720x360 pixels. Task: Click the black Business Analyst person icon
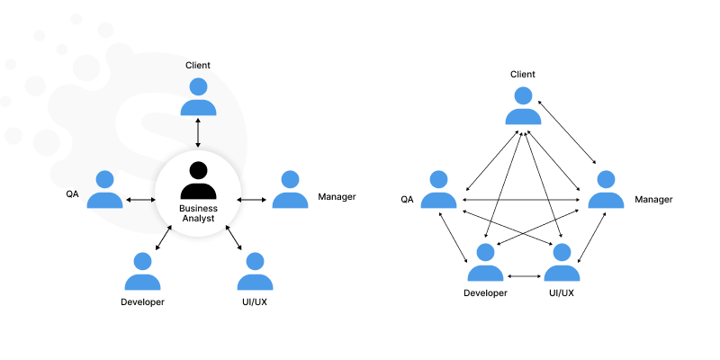coord(198,179)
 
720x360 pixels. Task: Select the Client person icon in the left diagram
coord(198,97)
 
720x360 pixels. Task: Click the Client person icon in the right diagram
coord(523,105)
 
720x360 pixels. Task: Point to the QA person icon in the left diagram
coord(104,190)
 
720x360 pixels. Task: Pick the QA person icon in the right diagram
coord(438,190)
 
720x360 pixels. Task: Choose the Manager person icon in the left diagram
coord(290,190)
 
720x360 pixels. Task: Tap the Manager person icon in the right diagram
coord(606,190)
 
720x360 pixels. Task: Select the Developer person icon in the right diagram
coord(485,263)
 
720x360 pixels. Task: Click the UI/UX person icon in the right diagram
coord(562,263)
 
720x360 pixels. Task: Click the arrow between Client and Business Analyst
coord(198,133)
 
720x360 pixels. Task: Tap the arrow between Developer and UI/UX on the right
coord(524,275)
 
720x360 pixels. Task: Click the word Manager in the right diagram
coord(653,199)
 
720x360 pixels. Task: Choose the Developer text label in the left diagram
coord(142,301)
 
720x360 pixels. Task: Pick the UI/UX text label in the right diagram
coord(562,292)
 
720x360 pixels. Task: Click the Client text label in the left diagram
coord(198,65)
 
